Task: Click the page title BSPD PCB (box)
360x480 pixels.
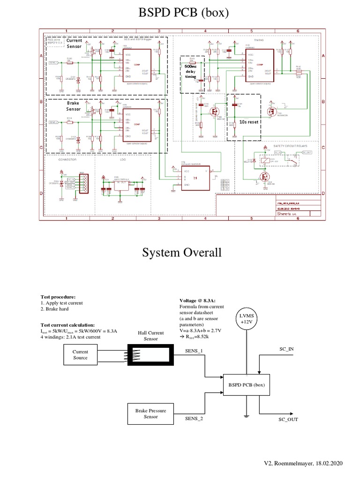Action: [x=183, y=14]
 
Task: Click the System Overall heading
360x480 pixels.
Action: [x=181, y=253]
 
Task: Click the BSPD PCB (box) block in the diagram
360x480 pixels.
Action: [x=247, y=385]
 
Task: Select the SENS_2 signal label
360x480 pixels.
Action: [x=194, y=419]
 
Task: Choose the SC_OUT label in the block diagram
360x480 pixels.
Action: [x=288, y=420]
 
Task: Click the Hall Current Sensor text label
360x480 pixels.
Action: [x=151, y=335]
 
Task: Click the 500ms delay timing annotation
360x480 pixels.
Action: [x=191, y=72]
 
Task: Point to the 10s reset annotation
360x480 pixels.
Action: [x=249, y=121]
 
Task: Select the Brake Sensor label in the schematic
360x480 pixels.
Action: [x=74, y=105]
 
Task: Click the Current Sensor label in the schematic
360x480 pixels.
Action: [x=74, y=44]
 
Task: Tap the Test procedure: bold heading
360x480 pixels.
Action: [x=58, y=297]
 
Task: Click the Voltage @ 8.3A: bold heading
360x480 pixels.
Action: [x=197, y=300]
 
